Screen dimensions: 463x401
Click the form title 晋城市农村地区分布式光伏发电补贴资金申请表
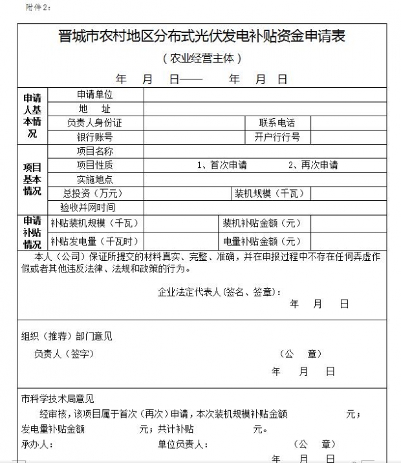tap(201, 37)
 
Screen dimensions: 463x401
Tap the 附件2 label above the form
tap(38, 7)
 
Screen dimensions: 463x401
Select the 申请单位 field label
tap(94, 94)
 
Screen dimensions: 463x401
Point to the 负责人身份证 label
tap(94, 123)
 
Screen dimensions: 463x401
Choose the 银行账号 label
tap(94, 137)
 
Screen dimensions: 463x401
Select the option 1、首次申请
tap(222, 165)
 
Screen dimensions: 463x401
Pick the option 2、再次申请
tap(313, 165)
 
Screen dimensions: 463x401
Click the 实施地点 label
tap(94, 180)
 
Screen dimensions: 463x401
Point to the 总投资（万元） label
tap(92, 194)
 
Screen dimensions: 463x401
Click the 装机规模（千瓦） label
tap(268, 194)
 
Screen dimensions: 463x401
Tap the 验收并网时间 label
tap(88, 208)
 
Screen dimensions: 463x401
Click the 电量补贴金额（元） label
tap(261, 242)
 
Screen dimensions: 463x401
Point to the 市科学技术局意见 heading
tap(57, 399)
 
